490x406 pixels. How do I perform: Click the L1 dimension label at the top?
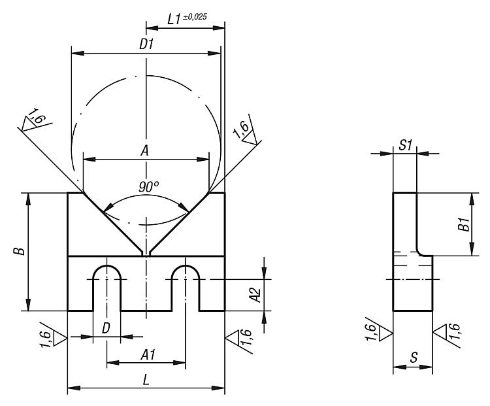tap(174, 20)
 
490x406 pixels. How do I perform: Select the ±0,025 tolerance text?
tap(195, 17)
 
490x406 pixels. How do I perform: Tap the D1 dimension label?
tap(146, 44)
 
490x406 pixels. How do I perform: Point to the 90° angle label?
tap(149, 187)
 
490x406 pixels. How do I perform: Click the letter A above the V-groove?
tap(144, 151)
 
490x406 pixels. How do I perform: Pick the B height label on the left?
tap(20, 251)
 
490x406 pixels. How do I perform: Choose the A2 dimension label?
tap(255, 295)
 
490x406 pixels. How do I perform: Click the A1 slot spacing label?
tap(148, 355)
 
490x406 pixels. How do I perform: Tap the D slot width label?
tap(106, 328)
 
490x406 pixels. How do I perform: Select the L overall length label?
tap(146, 380)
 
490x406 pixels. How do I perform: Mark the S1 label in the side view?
tap(406, 145)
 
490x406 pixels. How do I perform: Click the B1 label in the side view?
tap(465, 224)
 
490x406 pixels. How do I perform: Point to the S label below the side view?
tap(414, 357)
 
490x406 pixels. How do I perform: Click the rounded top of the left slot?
tap(107, 266)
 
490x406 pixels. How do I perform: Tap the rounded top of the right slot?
tap(186, 266)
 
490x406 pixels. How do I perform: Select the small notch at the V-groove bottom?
tap(146, 253)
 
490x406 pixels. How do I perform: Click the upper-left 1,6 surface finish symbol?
tap(35, 120)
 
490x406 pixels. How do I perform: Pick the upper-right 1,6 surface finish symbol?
tap(247, 131)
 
